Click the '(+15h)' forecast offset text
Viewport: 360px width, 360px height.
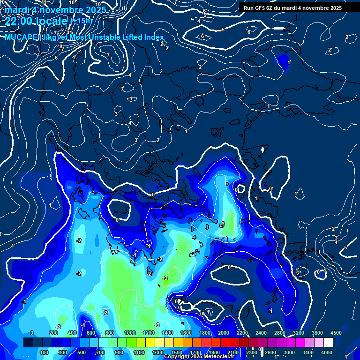(x=81, y=21)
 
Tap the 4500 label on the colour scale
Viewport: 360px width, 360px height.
(x=336, y=333)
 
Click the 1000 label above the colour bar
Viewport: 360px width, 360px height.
(x=130, y=333)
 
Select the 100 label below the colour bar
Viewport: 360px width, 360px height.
(x=44, y=352)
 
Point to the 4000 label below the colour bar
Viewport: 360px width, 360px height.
(x=327, y=352)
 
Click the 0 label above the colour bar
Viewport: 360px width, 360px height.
(x=32, y=333)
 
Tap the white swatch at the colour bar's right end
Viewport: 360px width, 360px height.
(x=328, y=343)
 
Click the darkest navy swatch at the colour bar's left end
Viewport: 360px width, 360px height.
(x=28, y=343)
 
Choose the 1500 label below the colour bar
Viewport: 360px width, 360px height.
(x=177, y=352)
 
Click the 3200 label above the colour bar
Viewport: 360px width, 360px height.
(x=299, y=333)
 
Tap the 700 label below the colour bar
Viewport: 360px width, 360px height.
(x=100, y=352)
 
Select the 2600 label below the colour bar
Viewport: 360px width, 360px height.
(x=270, y=352)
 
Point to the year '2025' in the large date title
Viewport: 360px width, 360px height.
(x=93, y=9)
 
